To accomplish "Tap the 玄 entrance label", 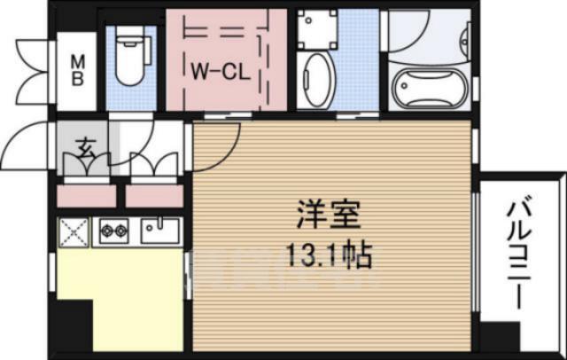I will pos(86,147).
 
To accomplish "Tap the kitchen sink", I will pos(160,232).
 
